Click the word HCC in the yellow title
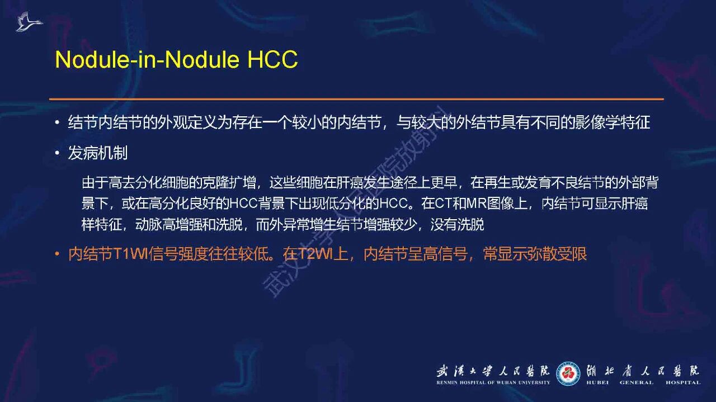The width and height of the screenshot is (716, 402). [272, 59]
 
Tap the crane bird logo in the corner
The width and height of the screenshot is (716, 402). [29, 21]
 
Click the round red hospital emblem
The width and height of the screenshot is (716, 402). [568, 373]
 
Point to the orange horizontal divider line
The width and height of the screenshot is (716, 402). [356, 100]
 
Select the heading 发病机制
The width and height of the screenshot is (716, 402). [98, 153]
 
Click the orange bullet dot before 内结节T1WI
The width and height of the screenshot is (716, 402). [57, 254]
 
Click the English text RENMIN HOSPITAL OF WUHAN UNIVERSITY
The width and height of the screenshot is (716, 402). [493, 382]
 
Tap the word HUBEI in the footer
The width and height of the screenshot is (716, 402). [597, 382]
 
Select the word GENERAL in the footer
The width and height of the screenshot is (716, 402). [637, 382]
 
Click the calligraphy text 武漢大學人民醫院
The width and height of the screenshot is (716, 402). [493, 371]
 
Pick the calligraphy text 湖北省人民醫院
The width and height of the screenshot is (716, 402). [643, 371]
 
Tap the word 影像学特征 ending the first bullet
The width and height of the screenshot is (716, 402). [613, 122]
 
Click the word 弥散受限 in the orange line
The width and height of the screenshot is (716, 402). [557, 254]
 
